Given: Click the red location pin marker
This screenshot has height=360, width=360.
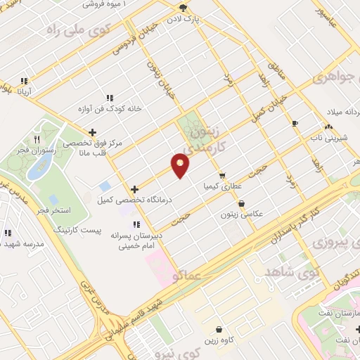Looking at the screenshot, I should (181, 165).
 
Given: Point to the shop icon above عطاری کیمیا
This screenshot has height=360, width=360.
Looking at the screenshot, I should (222, 176).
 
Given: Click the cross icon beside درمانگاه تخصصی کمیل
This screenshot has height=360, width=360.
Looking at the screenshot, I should (135, 188).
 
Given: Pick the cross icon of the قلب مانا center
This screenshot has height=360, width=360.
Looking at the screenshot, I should (92, 131).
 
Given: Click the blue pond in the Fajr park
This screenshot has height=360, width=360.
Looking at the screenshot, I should (36, 168).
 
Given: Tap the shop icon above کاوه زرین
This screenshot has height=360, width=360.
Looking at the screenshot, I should (219, 329).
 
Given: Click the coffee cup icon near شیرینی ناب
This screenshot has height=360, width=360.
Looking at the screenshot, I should (295, 124).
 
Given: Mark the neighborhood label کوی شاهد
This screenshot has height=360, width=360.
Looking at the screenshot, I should (290, 271).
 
